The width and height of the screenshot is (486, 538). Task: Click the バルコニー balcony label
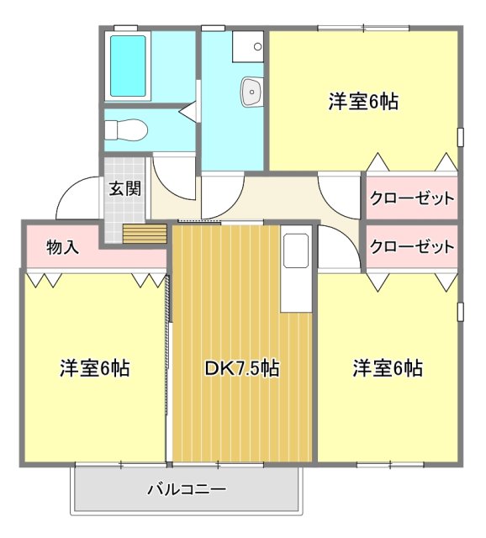click(187, 488)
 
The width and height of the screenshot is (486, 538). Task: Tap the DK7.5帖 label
click(242, 368)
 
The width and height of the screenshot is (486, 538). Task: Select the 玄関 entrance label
click(124, 188)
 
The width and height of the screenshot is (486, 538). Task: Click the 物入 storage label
click(63, 247)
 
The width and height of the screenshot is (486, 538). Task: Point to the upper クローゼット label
click(412, 199)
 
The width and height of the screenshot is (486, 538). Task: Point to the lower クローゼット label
click(412, 247)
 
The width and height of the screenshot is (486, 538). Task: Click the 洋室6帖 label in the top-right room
click(362, 103)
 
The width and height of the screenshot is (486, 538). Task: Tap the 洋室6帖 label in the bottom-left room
click(94, 368)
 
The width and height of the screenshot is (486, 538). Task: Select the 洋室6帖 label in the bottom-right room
click(387, 368)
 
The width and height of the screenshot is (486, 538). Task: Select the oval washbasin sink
click(251, 92)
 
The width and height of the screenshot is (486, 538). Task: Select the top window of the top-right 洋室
click(363, 29)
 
